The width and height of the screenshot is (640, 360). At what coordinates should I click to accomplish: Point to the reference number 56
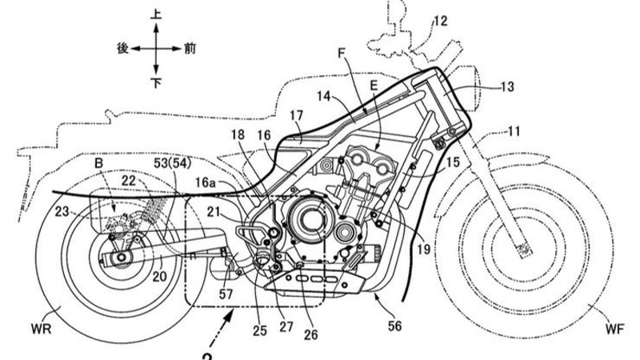coord(394,326)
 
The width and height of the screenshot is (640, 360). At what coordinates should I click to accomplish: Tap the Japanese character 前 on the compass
coord(189,50)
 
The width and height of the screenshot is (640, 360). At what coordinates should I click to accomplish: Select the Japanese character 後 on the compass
coord(123,50)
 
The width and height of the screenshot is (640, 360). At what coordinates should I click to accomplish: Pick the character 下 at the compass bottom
coord(156,84)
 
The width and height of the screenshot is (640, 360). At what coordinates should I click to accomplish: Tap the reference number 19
coord(422,249)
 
